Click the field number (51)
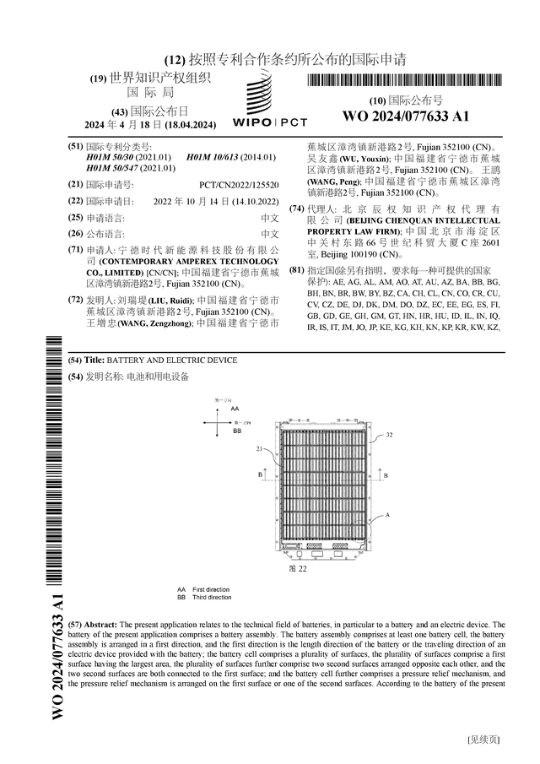point(75,146)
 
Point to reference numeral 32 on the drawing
point(389,436)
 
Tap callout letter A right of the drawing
point(387,514)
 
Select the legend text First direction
point(211,589)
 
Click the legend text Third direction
point(212,597)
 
